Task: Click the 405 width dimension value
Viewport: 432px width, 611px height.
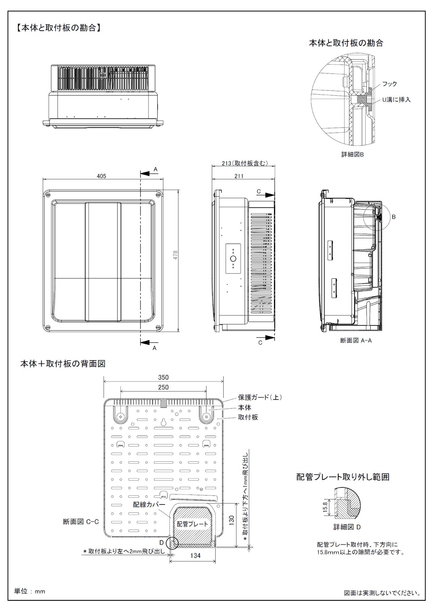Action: click(101, 176)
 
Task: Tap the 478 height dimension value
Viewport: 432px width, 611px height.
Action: click(175, 255)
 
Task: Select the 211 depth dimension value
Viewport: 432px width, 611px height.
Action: click(239, 176)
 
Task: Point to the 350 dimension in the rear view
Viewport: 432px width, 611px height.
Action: click(163, 377)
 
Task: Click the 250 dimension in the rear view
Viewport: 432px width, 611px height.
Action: click(163, 387)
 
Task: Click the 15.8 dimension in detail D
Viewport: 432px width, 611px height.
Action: click(325, 508)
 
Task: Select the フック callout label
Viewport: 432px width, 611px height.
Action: click(390, 84)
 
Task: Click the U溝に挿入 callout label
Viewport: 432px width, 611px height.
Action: click(396, 100)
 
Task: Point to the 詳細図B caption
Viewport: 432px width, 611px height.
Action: click(353, 154)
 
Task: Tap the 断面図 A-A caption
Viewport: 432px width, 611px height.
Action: click(356, 340)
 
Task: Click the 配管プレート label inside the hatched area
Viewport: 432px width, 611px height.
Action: click(192, 524)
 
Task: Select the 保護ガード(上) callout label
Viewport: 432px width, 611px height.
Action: click(260, 397)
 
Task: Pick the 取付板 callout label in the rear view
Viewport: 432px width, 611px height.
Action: click(248, 417)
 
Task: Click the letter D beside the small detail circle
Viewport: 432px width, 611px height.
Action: click(162, 542)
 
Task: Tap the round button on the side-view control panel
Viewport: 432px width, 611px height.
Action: click(233, 259)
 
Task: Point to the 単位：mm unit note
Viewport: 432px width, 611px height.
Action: click(29, 591)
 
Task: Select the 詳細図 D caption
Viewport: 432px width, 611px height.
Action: click(347, 527)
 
